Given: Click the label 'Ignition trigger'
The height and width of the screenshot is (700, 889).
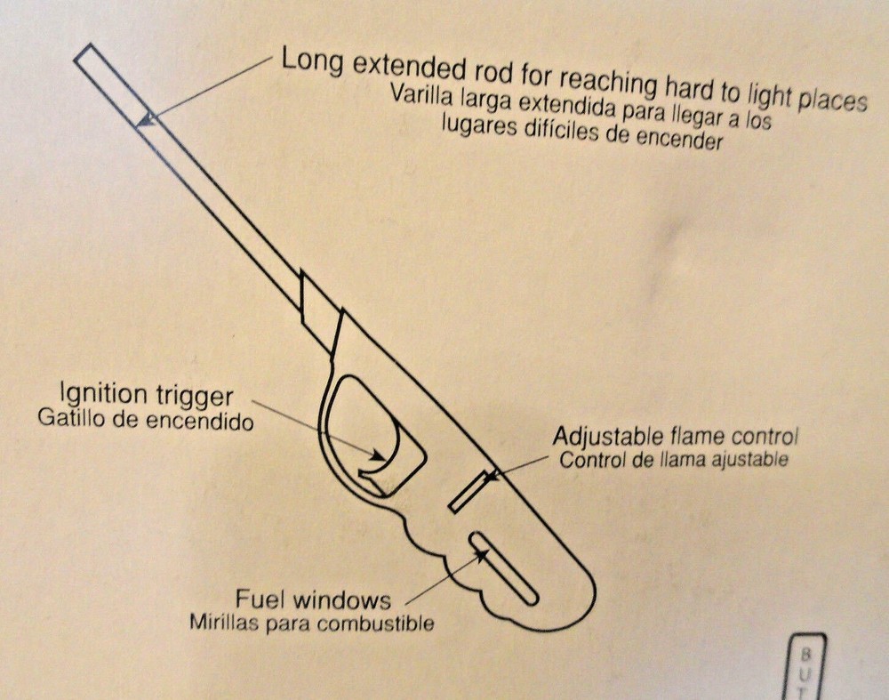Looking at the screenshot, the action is pyautogui.click(x=147, y=395).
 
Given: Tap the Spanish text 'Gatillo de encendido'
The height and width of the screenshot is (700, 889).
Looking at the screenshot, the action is pyautogui.click(x=145, y=421).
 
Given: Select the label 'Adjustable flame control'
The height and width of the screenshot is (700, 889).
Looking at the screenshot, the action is pyautogui.click(x=676, y=436).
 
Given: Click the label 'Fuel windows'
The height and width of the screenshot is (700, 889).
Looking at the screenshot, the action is pyautogui.click(x=313, y=599).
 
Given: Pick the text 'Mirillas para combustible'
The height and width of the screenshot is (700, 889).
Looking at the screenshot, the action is pyautogui.click(x=312, y=623).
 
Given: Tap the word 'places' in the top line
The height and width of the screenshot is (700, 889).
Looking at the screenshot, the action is pyautogui.click(x=832, y=101).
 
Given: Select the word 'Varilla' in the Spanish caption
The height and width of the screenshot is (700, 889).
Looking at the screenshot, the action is pyautogui.click(x=421, y=96).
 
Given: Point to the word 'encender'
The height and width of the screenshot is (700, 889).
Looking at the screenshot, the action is pyautogui.click(x=679, y=138).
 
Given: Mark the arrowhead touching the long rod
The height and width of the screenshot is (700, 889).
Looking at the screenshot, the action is pyautogui.click(x=148, y=119).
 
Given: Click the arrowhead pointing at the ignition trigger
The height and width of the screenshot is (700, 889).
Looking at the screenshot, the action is pyautogui.click(x=376, y=455).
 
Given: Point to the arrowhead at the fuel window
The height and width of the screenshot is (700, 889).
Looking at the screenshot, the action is pyautogui.click(x=481, y=555).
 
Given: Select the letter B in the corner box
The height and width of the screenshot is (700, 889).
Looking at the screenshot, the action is pyautogui.click(x=805, y=655).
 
